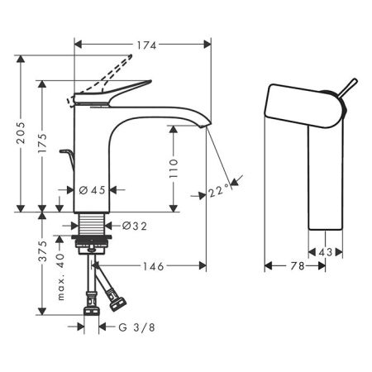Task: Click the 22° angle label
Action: click(x=219, y=191)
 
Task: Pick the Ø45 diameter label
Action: click(x=93, y=190)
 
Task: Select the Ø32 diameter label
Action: click(x=135, y=225)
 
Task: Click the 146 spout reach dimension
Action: click(x=150, y=265)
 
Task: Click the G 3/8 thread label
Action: click(x=133, y=327)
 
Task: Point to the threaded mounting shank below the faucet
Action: click(x=92, y=225)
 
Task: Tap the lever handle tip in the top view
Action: click(x=351, y=84)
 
